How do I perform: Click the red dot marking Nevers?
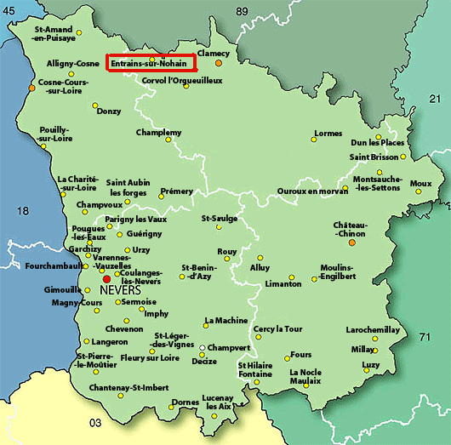tap(106, 279)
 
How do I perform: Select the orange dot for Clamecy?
tap(219, 63)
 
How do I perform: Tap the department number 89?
tap(243, 10)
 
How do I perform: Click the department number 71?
tap(425, 338)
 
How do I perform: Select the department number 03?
tap(96, 422)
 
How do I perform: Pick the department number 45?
tap(9, 9)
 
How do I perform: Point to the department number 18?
tap(23, 211)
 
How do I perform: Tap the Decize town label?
tap(204, 361)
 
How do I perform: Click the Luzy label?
tap(371, 365)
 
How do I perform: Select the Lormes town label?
tap(328, 134)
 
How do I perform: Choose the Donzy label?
tap(109, 111)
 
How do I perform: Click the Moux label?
tap(420, 183)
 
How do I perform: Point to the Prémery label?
tap(177, 191)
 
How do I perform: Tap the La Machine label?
tap(225, 321)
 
